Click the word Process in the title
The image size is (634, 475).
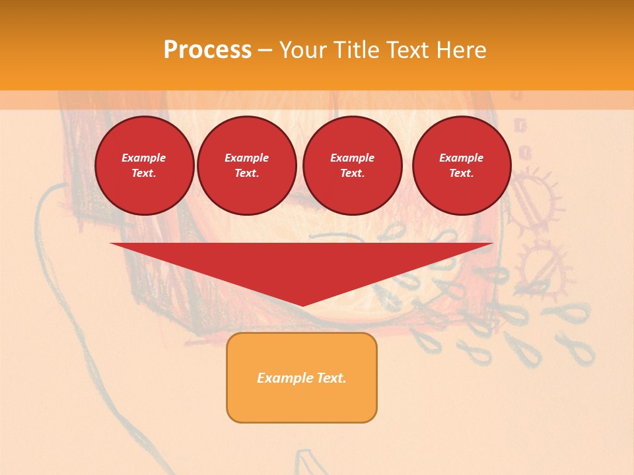tap(207, 50)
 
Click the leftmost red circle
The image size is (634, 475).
tap(144, 166)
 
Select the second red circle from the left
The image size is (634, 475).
tap(246, 166)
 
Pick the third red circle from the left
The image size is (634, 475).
tap(352, 166)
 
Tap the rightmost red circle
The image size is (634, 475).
tap(461, 166)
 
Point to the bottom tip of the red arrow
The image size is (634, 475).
tap(302, 305)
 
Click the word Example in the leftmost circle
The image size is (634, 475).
tap(144, 158)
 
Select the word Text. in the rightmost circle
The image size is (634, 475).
tap(461, 174)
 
